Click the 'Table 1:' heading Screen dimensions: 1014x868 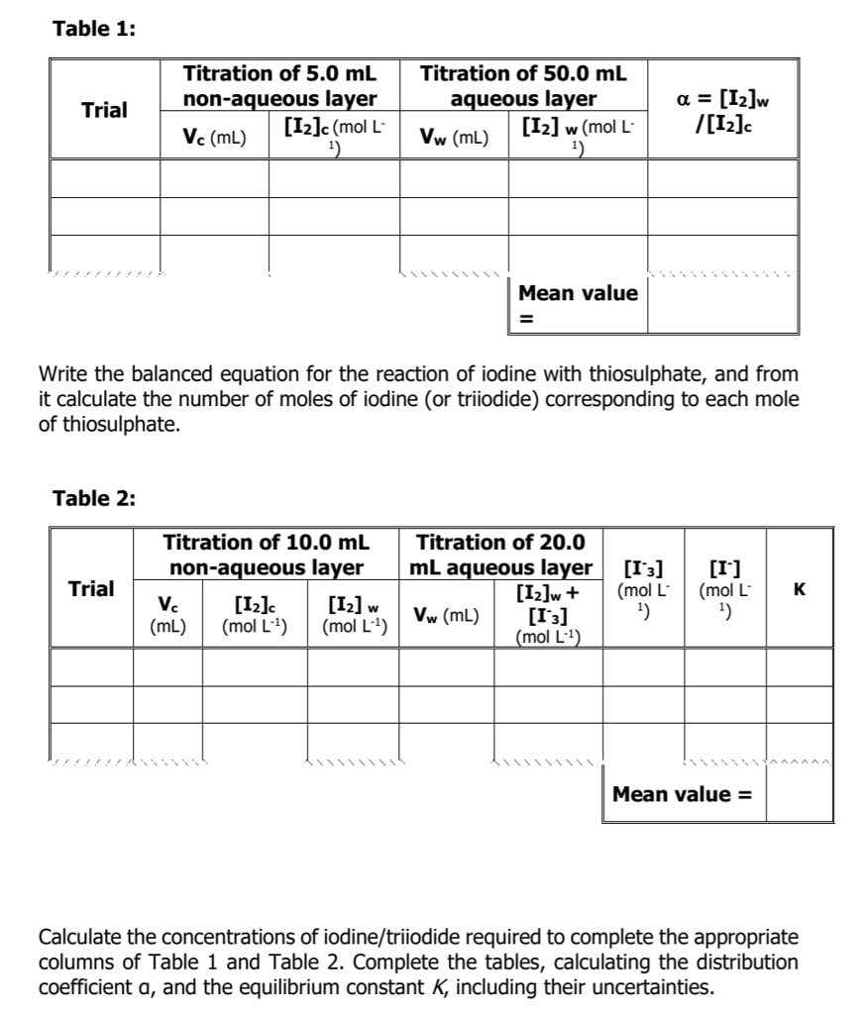(94, 28)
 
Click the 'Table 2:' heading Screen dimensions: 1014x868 (94, 497)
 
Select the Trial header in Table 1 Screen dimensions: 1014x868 (104, 110)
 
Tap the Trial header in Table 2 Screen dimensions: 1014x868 (91, 588)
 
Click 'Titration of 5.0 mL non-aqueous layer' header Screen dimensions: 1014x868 (279, 86)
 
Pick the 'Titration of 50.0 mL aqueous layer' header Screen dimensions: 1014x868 (523, 86)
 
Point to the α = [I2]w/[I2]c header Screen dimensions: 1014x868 (721, 109)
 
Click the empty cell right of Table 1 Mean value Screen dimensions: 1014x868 (722, 304)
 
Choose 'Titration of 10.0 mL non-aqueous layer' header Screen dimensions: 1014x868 (266, 555)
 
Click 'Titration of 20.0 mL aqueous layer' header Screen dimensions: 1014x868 (500, 555)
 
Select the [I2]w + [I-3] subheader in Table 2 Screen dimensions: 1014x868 (547, 614)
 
